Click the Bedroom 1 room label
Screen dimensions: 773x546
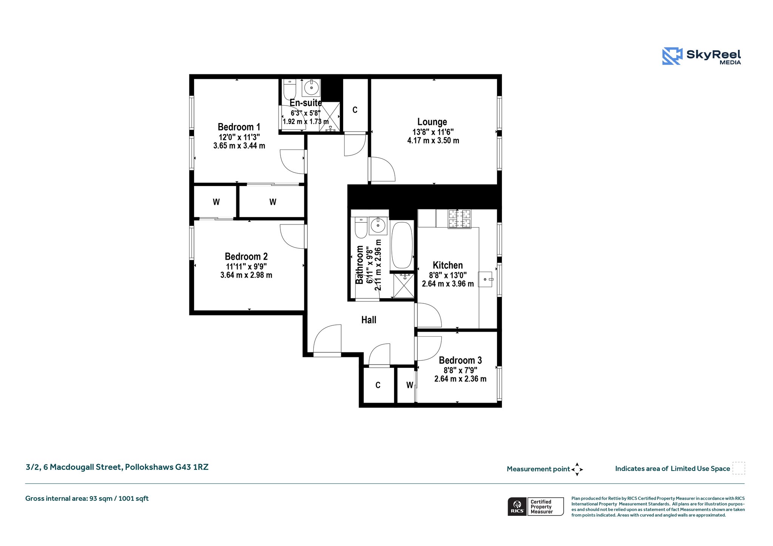click(x=239, y=127)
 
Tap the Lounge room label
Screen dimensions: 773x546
click(x=432, y=122)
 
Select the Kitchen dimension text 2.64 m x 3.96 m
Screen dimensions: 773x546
click(x=448, y=284)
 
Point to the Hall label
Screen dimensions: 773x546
click(x=369, y=320)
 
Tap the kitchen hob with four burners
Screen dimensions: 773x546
click(x=459, y=219)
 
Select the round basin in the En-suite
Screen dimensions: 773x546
click(x=311, y=88)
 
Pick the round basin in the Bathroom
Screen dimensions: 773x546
click(x=377, y=226)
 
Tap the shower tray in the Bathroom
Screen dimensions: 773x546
click(x=403, y=286)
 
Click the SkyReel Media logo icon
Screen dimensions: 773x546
click(x=672, y=56)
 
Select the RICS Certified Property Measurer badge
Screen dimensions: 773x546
click(x=536, y=506)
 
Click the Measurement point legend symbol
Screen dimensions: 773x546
click(x=577, y=469)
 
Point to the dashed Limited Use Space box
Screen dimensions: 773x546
click(x=739, y=468)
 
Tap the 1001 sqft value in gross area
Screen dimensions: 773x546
click(x=134, y=499)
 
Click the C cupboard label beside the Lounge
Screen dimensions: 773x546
click(x=355, y=110)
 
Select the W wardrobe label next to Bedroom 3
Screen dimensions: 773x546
click(x=410, y=385)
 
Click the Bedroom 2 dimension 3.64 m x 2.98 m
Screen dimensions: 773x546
click(x=246, y=275)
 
